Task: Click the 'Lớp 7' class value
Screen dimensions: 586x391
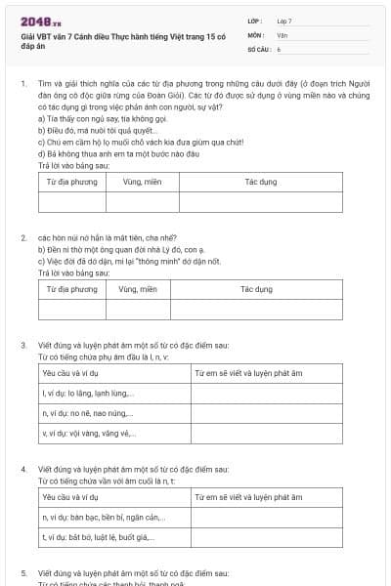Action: pyautogui.click(x=284, y=21)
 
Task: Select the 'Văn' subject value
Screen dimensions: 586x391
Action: pyautogui.click(x=282, y=34)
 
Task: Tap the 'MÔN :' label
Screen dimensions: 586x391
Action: pyautogui.click(x=256, y=34)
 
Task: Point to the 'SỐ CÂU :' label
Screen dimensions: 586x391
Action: pyautogui.click(x=258, y=48)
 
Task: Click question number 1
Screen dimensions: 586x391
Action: pyautogui.click(x=22, y=85)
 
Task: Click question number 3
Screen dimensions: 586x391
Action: pyautogui.click(x=22, y=346)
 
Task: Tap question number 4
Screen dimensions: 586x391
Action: pyautogui.click(x=22, y=469)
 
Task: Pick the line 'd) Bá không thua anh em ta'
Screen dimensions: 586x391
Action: pyautogui.click(x=117, y=152)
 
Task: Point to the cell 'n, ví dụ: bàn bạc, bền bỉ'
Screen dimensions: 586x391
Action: pyautogui.click(x=92, y=517)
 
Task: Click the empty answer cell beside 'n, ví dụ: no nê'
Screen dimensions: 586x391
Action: pyautogui.click(x=267, y=413)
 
